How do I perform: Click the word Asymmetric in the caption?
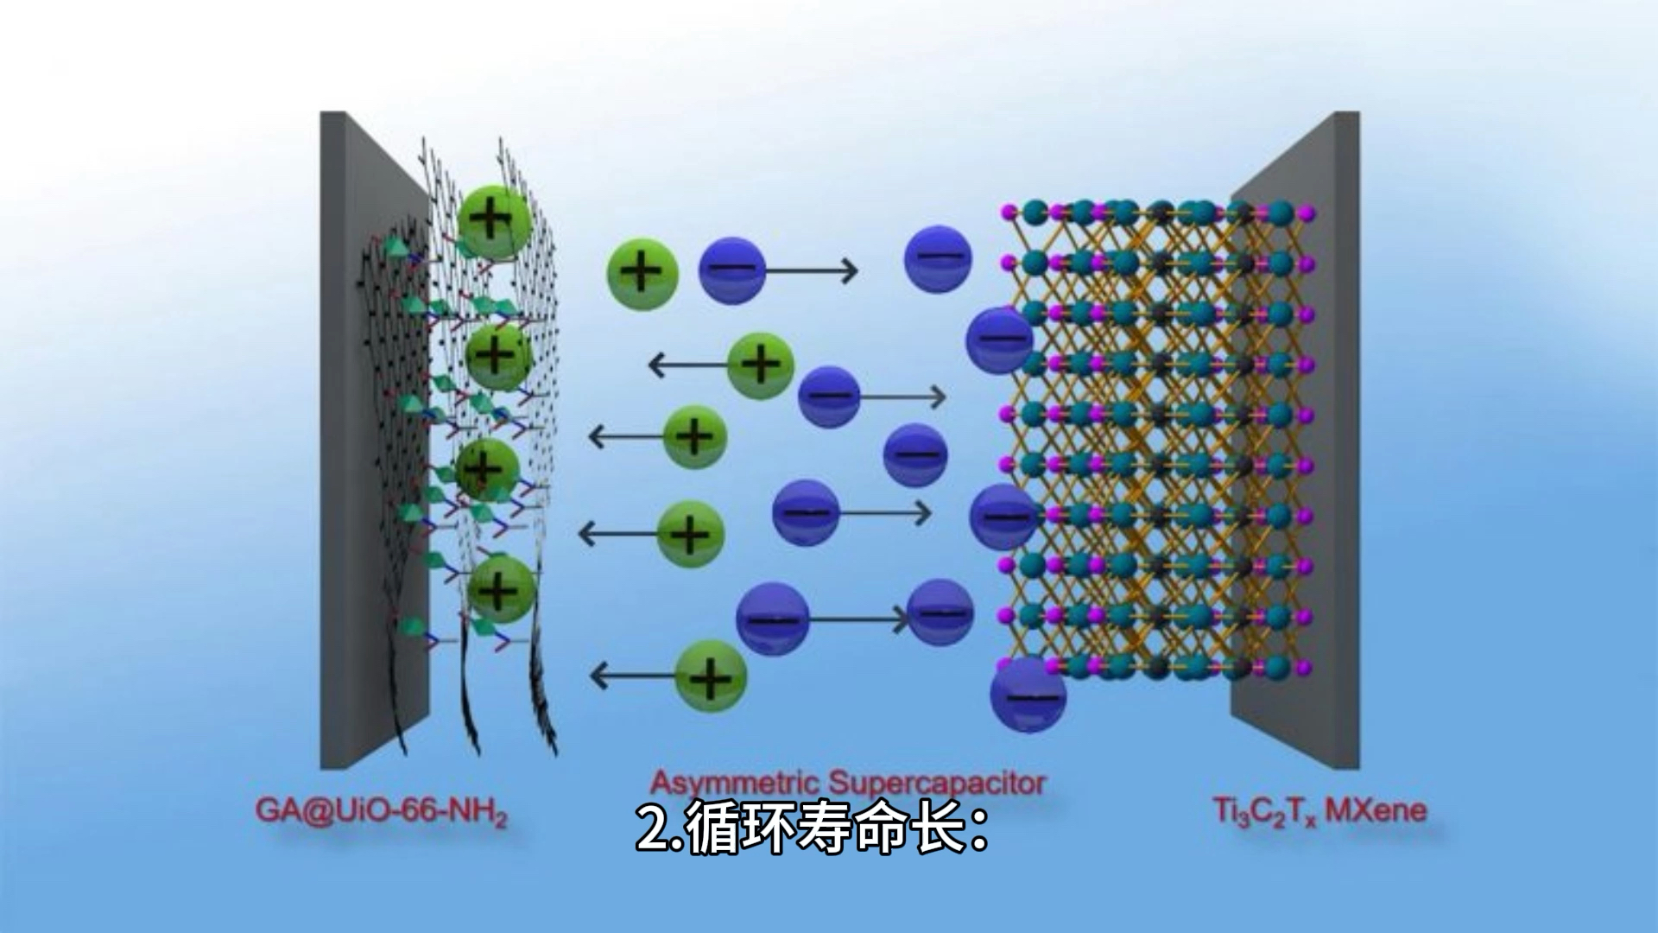734,783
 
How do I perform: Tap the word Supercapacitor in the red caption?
937,783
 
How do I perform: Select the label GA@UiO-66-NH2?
381,812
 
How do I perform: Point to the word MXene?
1375,810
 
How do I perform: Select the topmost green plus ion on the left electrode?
493,219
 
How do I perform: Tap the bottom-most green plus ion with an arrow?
710,676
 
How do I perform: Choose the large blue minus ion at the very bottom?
1028,695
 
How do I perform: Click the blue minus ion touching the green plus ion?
732,270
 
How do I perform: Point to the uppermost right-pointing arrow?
812,271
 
